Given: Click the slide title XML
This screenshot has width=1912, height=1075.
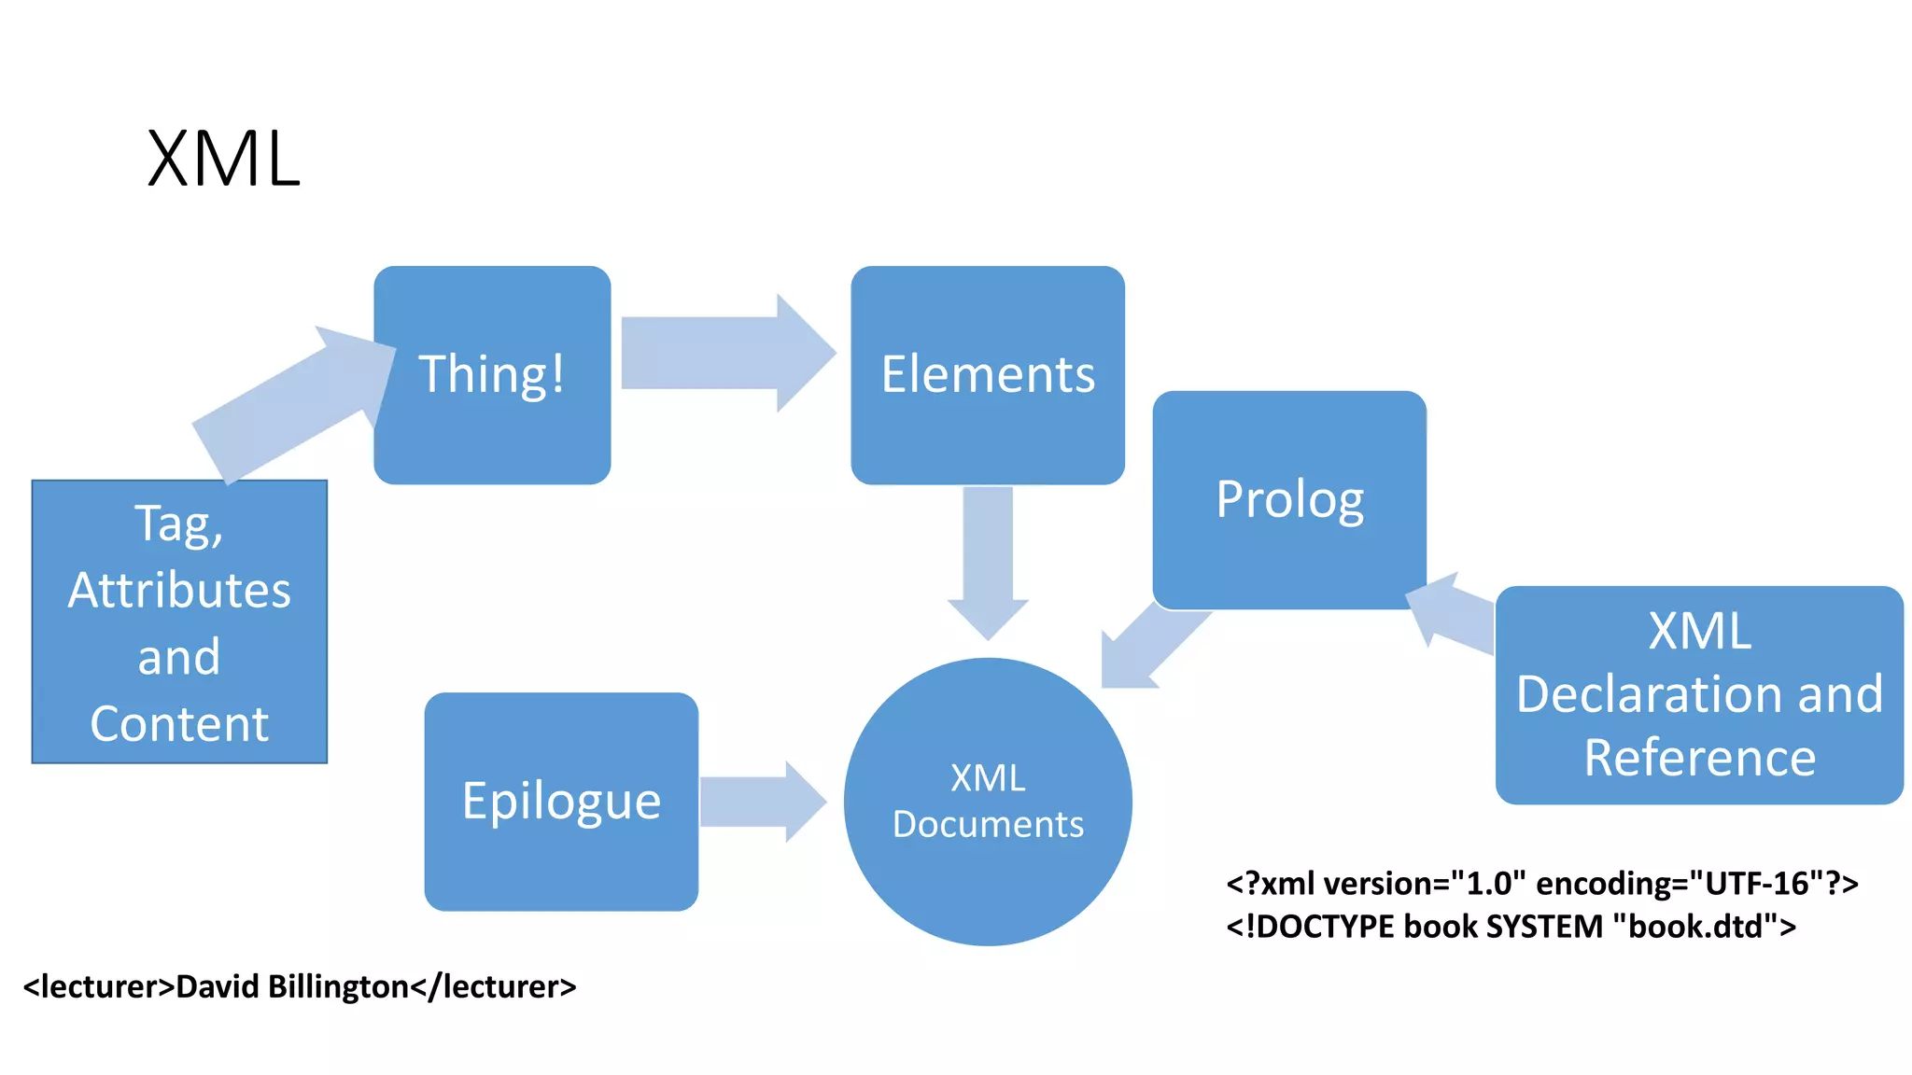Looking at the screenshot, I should click(x=224, y=160).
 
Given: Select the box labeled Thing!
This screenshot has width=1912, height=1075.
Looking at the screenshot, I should click(x=492, y=374).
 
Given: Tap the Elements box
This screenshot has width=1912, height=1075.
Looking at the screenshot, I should click(x=988, y=374).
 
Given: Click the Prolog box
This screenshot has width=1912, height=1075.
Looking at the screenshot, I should click(x=1289, y=499).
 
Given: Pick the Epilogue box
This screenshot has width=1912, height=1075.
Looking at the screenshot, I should click(x=561, y=801).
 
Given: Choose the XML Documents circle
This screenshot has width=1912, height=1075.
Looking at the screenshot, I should click(x=988, y=801).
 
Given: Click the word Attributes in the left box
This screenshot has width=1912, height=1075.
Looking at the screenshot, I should click(x=179, y=591).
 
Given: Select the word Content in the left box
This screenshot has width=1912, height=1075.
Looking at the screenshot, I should click(x=179, y=724).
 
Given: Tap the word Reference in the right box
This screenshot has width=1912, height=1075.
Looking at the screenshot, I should click(x=1699, y=757).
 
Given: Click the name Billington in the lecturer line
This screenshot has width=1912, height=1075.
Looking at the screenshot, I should click(x=338, y=986).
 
